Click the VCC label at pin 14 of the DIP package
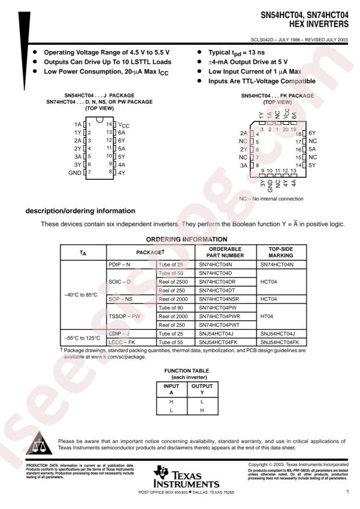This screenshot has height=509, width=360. [125, 125]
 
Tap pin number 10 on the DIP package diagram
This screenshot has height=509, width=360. [109, 156]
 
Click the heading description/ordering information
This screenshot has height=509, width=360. [80, 211]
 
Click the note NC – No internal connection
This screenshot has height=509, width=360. [270, 198]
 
